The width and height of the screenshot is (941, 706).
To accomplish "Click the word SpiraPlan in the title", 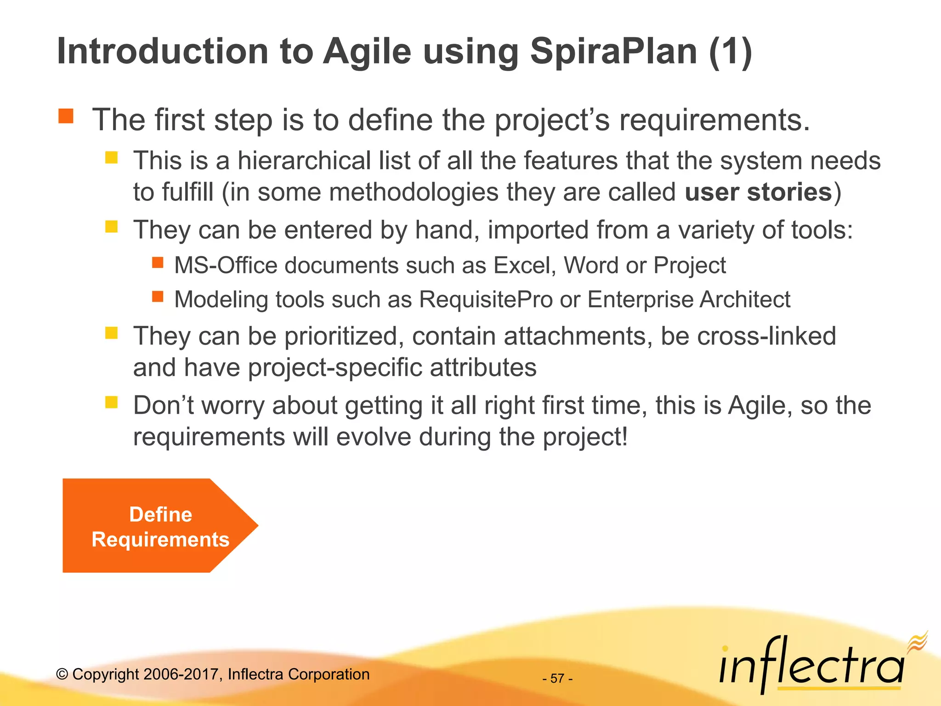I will click(613, 51).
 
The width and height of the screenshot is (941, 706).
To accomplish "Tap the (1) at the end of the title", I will click(730, 51).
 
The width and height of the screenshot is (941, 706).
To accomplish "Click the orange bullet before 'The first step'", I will click(66, 116).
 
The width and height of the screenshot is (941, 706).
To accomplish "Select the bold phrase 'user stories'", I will click(758, 192).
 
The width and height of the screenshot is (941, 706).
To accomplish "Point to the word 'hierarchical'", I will click(304, 161).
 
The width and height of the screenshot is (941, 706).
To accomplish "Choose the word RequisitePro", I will click(486, 300).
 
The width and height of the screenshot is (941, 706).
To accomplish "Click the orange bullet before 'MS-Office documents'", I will click(158, 262).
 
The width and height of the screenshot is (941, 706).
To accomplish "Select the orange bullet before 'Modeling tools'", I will click(158, 296).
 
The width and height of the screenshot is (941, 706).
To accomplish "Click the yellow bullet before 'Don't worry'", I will click(111, 403).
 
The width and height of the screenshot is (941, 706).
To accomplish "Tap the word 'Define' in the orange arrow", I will click(160, 514).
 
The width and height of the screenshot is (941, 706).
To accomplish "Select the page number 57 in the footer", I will click(557, 678).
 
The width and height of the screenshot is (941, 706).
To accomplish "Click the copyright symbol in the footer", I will click(62, 674).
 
